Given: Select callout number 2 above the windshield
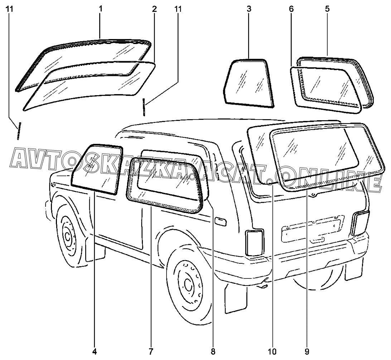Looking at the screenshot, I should (154, 9).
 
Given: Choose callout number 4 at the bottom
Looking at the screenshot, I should (95, 352).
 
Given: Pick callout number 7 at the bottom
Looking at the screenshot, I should (151, 352).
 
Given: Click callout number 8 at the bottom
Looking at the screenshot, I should (213, 352).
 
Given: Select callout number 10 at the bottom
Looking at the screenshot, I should (274, 352).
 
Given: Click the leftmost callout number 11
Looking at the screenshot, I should (10, 9).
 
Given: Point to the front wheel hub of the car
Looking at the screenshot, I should (67, 236).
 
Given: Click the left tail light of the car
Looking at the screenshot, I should (255, 243).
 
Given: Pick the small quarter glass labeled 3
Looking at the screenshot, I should (248, 83).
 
